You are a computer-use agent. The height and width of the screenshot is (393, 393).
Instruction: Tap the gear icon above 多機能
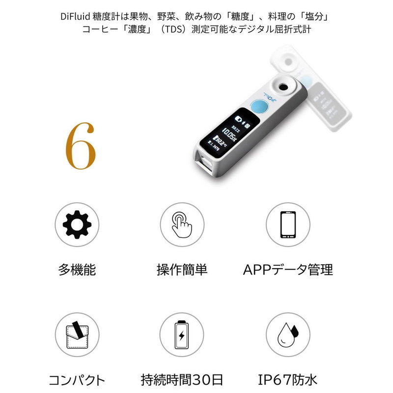(x=77, y=225)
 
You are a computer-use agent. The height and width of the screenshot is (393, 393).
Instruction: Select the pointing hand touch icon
(x=182, y=225)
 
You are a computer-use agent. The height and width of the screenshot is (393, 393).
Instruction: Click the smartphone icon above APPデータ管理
(x=288, y=225)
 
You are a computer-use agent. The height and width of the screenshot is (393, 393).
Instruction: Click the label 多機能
(x=77, y=270)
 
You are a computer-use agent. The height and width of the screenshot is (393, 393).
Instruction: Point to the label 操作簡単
(x=182, y=270)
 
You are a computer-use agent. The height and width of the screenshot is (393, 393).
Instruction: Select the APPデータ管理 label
(x=288, y=270)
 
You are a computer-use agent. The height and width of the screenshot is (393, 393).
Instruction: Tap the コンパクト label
(x=77, y=380)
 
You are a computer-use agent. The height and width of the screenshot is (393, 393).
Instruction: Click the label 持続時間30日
(x=182, y=380)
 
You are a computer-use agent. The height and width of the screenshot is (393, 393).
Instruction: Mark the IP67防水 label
(x=288, y=380)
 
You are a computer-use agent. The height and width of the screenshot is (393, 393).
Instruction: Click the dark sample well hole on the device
(x=283, y=86)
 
